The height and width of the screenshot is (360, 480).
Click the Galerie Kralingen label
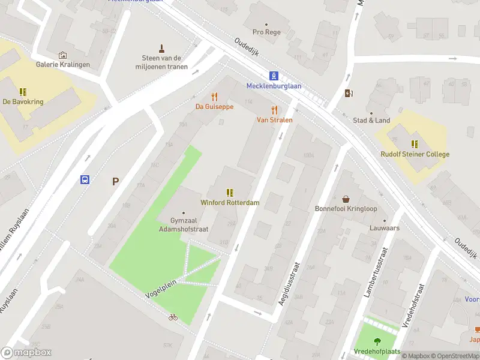tap(62, 64)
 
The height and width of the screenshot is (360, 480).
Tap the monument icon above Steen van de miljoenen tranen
tap(161, 48)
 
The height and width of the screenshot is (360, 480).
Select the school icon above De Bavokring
tap(23, 92)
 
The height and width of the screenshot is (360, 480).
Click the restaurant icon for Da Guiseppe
tap(214, 97)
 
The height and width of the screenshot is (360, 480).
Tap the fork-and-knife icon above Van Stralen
tap(275, 110)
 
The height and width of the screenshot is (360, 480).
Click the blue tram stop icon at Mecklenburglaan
tap(274, 76)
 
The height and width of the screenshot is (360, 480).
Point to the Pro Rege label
tap(266, 32)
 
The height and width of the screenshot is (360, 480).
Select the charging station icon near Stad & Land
tap(349, 93)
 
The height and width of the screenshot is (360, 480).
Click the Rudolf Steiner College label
tap(415, 154)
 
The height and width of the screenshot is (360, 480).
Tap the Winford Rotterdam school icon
tap(230, 193)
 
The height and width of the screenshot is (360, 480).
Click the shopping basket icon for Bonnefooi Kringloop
tap(346, 199)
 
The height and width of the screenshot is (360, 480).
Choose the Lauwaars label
tap(385, 229)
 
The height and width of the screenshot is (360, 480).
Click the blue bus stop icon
tap(85, 179)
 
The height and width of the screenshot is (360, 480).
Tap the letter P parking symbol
tap(115, 181)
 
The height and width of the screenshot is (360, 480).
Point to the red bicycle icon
tap(173, 317)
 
